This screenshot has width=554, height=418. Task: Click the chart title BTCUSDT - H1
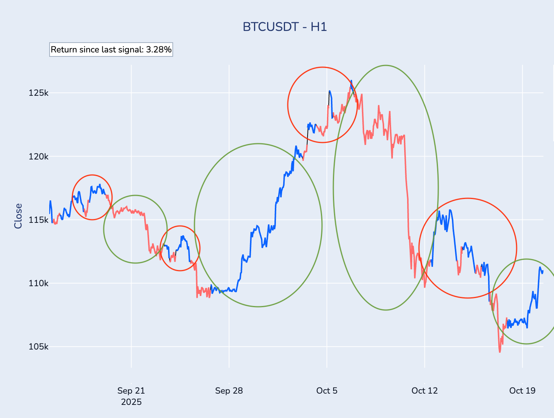[x=285, y=27]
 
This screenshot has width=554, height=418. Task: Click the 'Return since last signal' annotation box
[x=111, y=50]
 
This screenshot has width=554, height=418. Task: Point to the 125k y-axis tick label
[x=39, y=93]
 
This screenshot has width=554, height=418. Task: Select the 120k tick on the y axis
[x=39, y=157]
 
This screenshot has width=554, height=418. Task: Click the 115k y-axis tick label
[x=39, y=220]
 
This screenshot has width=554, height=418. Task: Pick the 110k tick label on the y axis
[x=39, y=283]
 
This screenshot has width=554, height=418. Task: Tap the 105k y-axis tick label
[x=39, y=347]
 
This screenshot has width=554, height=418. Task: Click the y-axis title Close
[x=18, y=216]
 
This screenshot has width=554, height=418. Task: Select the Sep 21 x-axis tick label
[x=131, y=391]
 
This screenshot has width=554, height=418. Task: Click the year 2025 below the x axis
[x=131, y=402]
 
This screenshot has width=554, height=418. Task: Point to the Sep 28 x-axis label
[x=229, y=391]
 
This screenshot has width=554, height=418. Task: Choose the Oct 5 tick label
[x=327, y=391]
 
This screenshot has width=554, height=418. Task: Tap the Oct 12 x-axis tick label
[x=425, y=391]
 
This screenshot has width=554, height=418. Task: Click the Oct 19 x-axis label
[x=522, y=391]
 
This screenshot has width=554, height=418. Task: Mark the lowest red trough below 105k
[x=500, y=352]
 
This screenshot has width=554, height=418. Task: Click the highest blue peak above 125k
[x=351, y=81]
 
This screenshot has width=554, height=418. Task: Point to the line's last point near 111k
[x=543, y=271]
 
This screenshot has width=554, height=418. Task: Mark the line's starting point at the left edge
[x=50, y=213]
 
